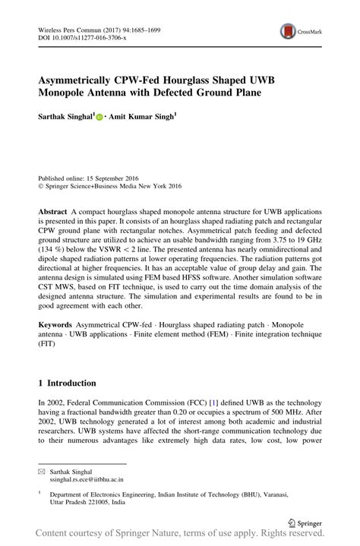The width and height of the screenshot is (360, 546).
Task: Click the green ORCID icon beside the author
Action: [x=99, y=118]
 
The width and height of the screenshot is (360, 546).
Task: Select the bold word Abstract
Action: [x=52, y=210]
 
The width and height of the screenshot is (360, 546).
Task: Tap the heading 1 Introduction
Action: [x=67, y=383]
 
